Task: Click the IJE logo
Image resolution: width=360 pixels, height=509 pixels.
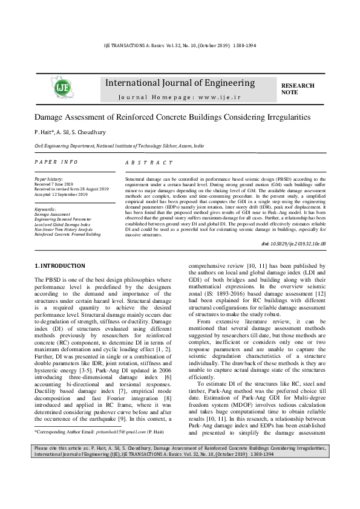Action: pos(61,88)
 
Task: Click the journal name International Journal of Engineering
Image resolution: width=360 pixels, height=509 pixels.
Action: pos(180,82)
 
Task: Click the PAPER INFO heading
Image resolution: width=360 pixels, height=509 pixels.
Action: pos(56,162)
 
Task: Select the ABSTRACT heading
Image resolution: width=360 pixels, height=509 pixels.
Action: pos(149,163)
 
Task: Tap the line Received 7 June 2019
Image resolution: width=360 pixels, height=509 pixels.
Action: pos(53,184)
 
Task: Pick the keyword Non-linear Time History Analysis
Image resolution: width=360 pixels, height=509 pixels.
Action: pos(67,229)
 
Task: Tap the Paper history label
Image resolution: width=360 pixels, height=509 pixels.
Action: pos(49,179)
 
